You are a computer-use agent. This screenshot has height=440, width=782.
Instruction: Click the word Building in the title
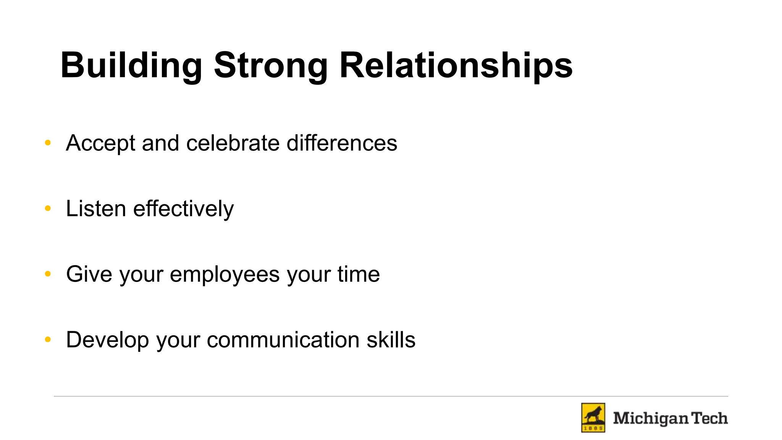(x=131, y=66)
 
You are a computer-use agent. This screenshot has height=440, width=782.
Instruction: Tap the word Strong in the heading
(x=270, y=66)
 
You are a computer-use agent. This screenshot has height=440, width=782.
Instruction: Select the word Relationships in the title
(x=456, y=66)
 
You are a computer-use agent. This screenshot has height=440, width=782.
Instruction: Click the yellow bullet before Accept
(x=48, y=143)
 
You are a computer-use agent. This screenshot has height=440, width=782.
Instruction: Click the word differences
(x=342, y=143)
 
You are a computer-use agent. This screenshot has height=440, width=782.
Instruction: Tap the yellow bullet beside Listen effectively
(x=48, y=209)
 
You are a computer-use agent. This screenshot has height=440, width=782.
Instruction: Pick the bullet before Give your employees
(x=48, y=274)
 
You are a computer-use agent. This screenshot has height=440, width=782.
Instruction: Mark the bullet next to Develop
(x=48, y=340)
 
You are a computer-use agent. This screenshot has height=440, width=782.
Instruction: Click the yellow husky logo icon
(x=593, y=418)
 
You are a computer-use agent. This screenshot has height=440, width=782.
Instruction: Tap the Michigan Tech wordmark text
(x=670, y=418)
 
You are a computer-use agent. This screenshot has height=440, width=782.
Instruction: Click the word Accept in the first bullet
(x=100, y=143)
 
